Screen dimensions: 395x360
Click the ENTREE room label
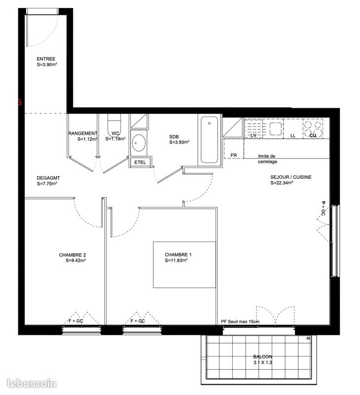pos(46,59)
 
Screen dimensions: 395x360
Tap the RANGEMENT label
pos(82,133)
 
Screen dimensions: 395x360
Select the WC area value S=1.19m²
pos(115,139)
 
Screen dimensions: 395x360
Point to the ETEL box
pos(140,162)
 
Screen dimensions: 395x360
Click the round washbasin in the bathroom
pos(139,144)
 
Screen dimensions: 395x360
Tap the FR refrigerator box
pos(233,155)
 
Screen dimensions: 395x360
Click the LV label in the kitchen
pos(254,135)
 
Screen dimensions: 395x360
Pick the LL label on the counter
pos(292,135)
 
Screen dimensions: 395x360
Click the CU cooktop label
pos(313,135)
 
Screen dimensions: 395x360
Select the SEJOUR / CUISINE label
pos(290,177)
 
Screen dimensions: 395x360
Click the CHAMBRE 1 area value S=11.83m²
pos(176,260)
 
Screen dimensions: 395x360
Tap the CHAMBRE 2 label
pos(72,255)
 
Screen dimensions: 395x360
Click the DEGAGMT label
pos(48,178)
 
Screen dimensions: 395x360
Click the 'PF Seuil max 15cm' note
pos(240,322)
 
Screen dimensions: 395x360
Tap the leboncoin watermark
pos(33,383)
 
